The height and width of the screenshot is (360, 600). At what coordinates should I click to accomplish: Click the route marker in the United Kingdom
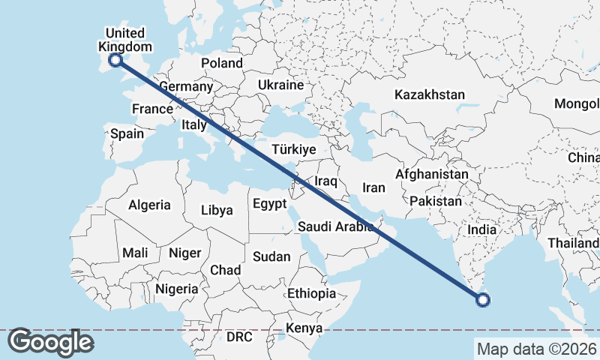(116, 61)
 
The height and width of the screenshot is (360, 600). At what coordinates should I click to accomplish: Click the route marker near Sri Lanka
(483, 301)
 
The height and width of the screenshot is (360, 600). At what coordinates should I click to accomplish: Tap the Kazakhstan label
(430, 95)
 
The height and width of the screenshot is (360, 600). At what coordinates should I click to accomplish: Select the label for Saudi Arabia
(335, 226)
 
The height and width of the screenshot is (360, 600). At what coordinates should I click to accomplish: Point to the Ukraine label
(280, 85)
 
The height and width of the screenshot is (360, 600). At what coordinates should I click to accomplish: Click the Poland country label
(221, 64)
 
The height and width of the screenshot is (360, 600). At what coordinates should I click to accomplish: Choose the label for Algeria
(149, 205)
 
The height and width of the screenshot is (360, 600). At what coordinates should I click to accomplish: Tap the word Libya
(217, 211)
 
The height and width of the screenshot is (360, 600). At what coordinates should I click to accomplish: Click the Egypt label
(269, 204)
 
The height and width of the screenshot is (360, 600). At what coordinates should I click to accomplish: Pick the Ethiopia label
(311, 293)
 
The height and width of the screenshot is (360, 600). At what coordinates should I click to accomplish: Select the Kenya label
(304, 328)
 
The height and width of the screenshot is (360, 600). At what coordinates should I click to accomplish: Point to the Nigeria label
(177, 289)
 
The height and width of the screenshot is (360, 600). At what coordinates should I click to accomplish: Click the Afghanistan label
(432, 174)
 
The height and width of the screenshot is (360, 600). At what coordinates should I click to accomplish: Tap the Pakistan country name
(436, 201)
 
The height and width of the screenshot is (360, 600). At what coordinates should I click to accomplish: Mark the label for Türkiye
(294, 149)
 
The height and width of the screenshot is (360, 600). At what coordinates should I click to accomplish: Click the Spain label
(127, 133)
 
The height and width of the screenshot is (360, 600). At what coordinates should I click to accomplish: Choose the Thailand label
(573, 243)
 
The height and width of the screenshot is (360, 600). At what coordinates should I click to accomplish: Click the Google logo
(50, 342)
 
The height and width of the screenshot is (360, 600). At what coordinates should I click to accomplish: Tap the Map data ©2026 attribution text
(536, 349)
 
